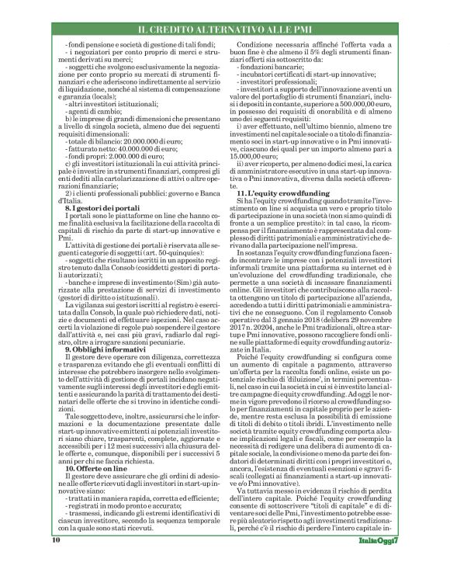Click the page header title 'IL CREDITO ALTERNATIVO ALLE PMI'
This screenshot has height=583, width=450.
[225, 29]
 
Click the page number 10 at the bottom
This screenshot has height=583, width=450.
[56, 560]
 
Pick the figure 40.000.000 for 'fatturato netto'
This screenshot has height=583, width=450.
[137, 151]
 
